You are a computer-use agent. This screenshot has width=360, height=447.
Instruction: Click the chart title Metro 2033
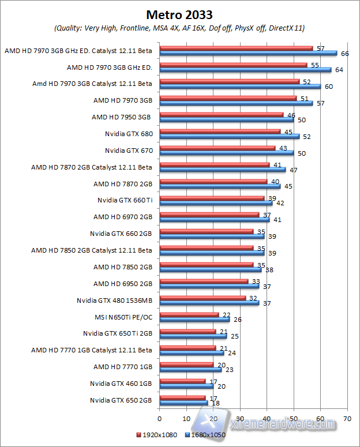179,13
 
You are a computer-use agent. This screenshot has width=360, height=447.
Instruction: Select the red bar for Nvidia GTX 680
219,132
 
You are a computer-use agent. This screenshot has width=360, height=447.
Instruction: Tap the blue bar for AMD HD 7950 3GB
226,119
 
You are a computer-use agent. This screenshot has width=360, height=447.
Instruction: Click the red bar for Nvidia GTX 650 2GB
182,397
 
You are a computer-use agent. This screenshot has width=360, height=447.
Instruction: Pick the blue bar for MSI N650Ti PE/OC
194,319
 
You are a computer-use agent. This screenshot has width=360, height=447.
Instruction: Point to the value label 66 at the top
345,54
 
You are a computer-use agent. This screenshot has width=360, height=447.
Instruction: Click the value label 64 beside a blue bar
340,70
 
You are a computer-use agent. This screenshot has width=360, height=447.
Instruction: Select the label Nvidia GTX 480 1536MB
114,300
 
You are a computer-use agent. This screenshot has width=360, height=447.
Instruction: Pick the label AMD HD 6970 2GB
122,217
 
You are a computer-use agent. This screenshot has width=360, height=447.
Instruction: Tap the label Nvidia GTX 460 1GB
121,384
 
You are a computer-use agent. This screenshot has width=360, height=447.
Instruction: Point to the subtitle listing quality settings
179,28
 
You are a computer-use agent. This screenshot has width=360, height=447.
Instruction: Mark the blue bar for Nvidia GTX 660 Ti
215,202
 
